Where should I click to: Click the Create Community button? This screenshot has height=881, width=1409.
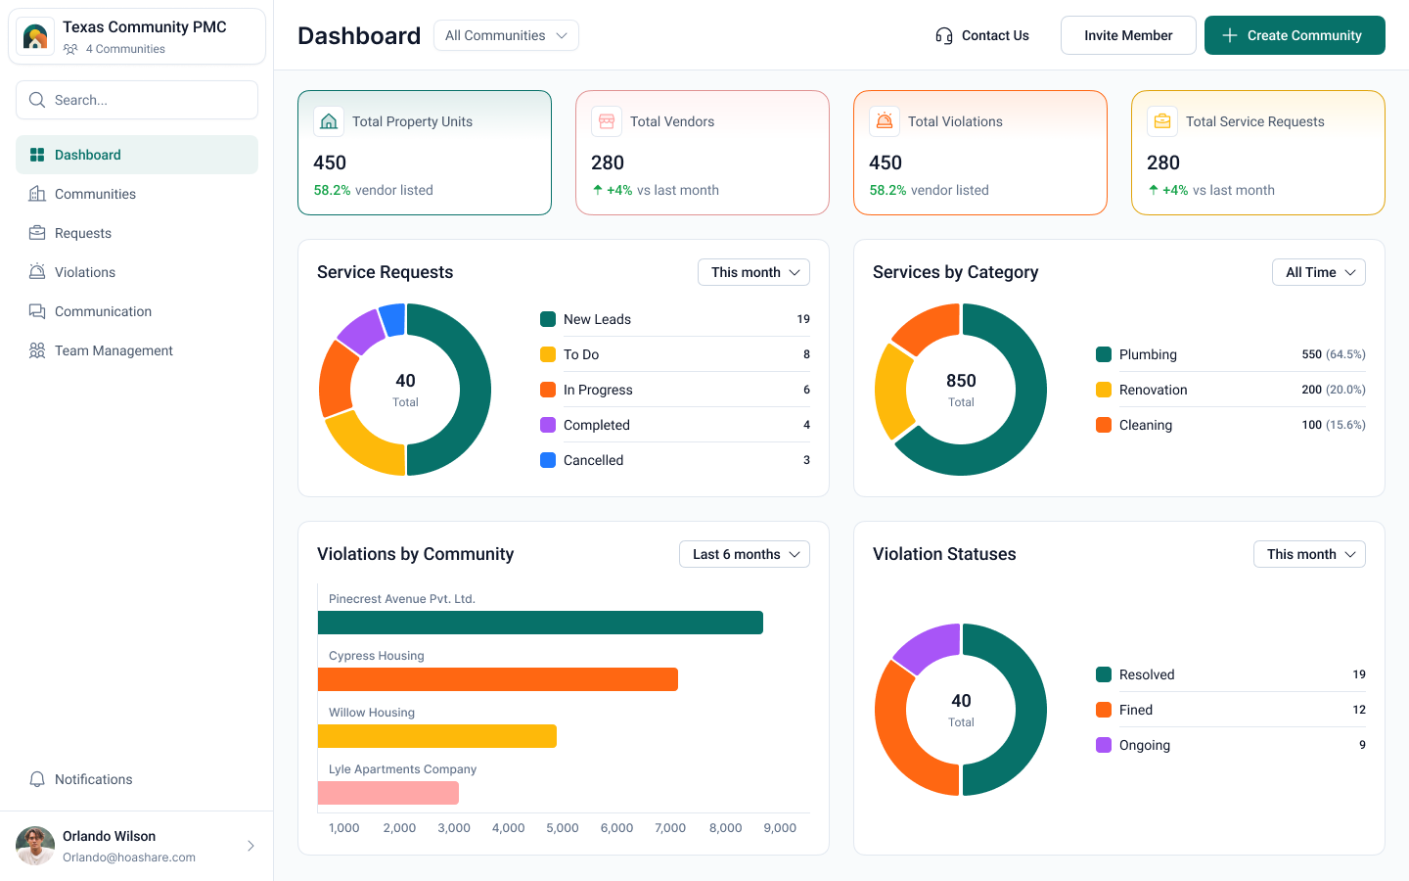tap(1294, 35)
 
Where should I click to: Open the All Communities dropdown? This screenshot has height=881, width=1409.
tap(506, 35)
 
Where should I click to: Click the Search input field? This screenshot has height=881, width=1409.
tap(137, 100)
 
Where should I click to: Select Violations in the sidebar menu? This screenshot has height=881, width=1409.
tap(85, 272)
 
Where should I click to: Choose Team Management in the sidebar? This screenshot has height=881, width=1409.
tap(114, 350)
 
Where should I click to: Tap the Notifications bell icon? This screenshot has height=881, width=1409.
tap(37, 779)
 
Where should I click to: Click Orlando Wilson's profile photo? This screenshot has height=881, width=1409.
tap(35, 846)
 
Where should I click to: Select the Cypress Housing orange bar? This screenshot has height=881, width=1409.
tap(497, 679)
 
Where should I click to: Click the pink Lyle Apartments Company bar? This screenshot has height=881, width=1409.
tap(387, 793)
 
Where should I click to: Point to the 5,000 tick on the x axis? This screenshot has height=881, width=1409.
tap(563, 828)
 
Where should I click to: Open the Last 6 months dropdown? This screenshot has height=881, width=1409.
tap(745, 554)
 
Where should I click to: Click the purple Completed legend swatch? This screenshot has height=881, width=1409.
tap(548, 425)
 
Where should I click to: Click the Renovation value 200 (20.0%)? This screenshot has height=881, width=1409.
tap(1333, 390)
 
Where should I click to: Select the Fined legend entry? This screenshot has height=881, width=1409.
tap(1136, 710)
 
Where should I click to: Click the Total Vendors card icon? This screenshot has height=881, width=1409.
tap(607, 121)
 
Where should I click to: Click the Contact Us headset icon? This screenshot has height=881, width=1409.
tap(943, 36)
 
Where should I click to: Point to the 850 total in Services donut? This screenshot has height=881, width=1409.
tap(961, 381)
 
